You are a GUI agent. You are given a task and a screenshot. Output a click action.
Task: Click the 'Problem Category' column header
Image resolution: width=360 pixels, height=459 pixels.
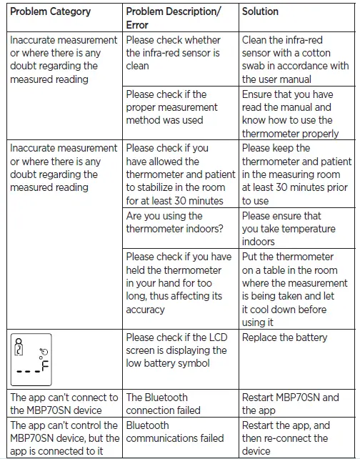pyautogui.click(x=50, y=12)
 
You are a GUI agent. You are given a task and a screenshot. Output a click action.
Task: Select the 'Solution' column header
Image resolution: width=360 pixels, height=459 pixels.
pyautogui.click(x=260, y=12)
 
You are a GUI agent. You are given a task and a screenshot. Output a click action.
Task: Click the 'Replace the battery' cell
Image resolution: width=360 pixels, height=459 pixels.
pyautogui.click(x=279, y=337)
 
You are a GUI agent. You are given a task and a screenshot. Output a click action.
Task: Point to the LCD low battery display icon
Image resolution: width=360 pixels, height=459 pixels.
pyautogui.click(x=34, y=356)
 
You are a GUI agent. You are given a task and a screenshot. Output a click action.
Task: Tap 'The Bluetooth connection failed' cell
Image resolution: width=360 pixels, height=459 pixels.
pyautogui.click(x=164, y=404)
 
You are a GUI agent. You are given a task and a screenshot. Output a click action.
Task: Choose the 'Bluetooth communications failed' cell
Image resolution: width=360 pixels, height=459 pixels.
pyautogui.click(x=175, y=431)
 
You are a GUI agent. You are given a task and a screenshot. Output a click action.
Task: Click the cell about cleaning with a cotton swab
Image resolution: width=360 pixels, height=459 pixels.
pyautogui.click(x=295, y=59)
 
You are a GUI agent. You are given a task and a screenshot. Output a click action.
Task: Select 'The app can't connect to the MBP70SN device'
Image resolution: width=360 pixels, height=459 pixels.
pyautogui.click(x=64, y=404)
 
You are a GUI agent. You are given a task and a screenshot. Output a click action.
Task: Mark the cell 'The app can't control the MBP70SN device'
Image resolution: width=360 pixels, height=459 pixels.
pyautogui.click(x=64, y=438)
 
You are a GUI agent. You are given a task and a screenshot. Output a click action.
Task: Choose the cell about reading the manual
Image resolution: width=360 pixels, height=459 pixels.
pyautogui.click(x=295, y=114)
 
